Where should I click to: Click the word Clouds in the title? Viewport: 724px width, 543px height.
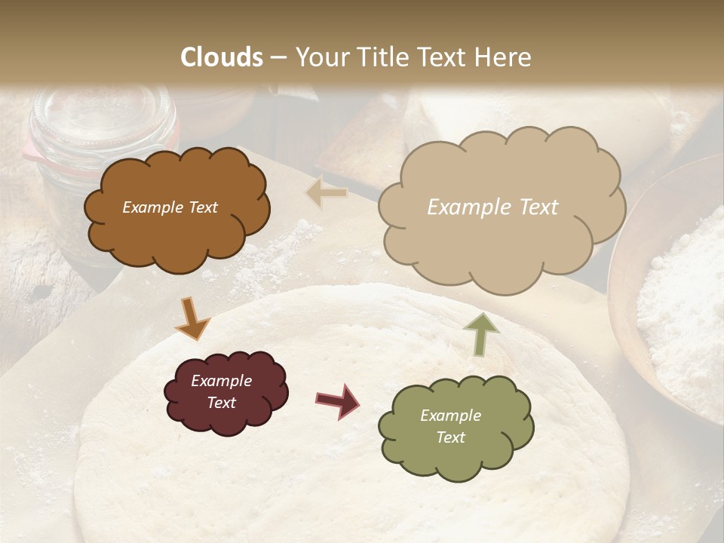222,57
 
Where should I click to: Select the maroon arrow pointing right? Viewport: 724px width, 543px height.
338,400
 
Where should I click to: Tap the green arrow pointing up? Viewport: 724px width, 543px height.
480,333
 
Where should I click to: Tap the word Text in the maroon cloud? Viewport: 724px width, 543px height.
222,403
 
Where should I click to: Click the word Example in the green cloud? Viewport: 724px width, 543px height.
450,416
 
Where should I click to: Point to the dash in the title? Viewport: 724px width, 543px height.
278,57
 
